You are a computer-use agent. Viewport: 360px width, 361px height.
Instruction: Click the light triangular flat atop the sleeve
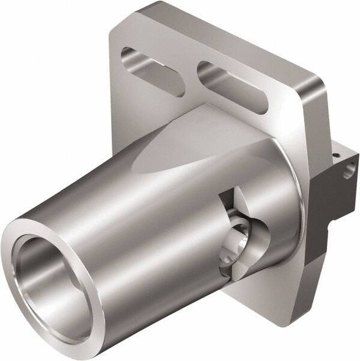[x=180, y=144]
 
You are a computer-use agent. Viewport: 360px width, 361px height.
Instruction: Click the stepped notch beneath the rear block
[x=328, y=229]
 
